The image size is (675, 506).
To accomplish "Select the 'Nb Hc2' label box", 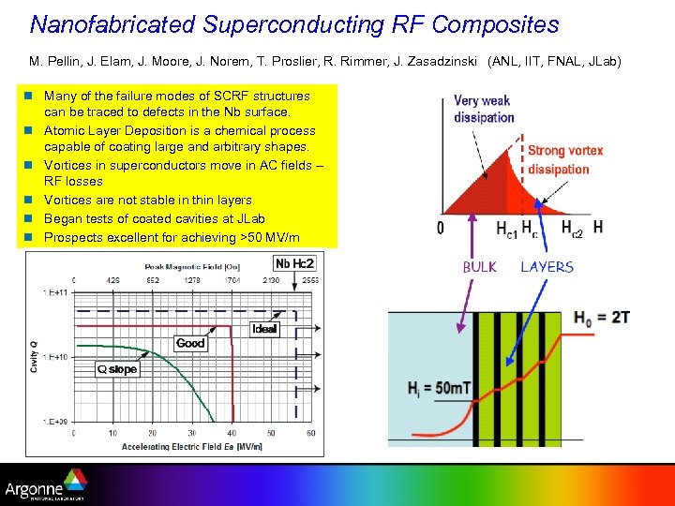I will (293, 262).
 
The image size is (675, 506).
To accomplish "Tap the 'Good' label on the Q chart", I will (190, 343).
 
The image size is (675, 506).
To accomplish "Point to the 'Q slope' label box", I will (117, 369).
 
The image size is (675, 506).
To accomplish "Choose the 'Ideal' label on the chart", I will (264, 329).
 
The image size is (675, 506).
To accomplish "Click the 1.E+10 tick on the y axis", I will (54, 357).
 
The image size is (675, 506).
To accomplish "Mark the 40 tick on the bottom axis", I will (231, 433).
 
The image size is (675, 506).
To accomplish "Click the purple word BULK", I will (480, 267).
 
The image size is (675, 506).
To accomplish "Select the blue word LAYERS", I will (547, 267).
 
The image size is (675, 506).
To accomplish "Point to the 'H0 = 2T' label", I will (602, 318).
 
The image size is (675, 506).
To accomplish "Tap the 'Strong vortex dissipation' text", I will (565, 159).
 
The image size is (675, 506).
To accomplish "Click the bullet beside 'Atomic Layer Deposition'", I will (30, 130).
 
